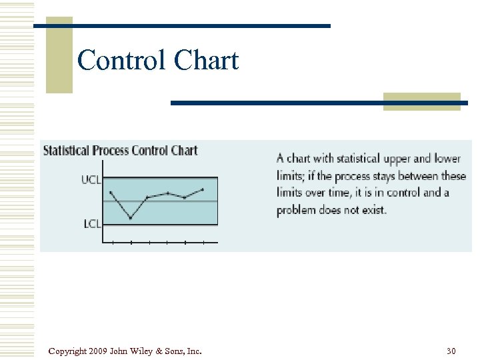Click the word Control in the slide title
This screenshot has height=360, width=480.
point(121,61)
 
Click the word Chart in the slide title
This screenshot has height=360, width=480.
point(206,61)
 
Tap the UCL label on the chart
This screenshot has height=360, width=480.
point(91,179)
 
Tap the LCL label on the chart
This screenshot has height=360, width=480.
point(92,224)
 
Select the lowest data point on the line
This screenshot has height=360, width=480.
point(131,218)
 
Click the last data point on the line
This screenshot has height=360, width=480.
point(203,189)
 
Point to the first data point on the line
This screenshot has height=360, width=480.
point(111,193)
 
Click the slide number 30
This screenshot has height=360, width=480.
point(451,351)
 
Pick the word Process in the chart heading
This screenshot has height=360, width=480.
point(111,150)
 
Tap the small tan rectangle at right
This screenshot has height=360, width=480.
point(421,101)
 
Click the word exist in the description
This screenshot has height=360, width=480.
point(373,210)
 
